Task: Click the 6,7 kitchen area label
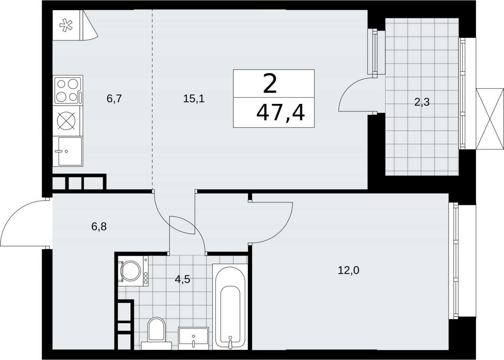click(114, 99)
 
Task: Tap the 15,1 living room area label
click(194, 99)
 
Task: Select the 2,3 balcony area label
click(422, 102)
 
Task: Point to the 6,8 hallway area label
click(99, 226)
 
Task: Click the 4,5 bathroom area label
click(182, 279)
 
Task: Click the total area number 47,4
click(281, 113)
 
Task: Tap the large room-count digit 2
click(269, 84)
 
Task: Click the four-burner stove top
click(68, 91)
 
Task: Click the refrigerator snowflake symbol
click(66, 25)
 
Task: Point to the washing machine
click(133, 271)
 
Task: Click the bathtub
click(230, 307)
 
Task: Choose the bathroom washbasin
click(194, 338)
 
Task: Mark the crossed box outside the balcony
click(490, 119)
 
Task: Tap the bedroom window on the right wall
click(453, 261)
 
